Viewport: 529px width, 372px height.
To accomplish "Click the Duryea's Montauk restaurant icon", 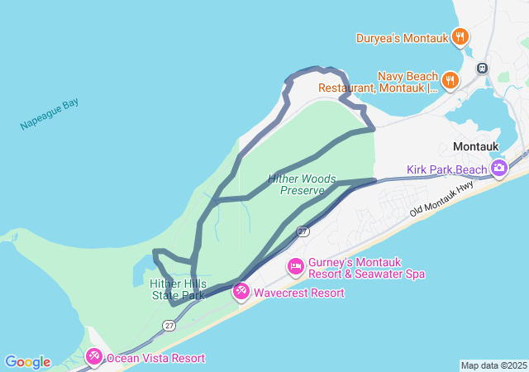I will coord(460,37).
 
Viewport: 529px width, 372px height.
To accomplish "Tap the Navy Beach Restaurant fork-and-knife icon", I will coord(450,80).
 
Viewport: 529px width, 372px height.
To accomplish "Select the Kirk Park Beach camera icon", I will coord(498,169).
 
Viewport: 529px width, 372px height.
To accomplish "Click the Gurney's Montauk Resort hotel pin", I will coord(295,267).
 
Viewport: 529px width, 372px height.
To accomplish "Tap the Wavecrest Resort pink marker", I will coord(241,291).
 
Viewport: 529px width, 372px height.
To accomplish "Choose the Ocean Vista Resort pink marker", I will coord(94,357).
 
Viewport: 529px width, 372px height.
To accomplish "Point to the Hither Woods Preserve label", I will coord(296,184).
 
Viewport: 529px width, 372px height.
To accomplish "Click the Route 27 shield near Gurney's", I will coord(303,231).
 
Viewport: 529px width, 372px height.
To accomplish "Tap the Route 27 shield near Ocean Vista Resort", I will coord(169,326).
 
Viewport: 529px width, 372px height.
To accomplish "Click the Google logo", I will coord(27,362).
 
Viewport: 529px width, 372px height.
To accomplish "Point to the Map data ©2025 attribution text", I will coord(493,365).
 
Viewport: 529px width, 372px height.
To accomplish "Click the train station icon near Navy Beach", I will coord(482,68).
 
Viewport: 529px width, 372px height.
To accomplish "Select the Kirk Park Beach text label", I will coord(446,170).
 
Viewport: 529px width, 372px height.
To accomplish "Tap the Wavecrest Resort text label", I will coord(298,293).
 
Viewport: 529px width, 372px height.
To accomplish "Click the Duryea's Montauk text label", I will coord(402,38).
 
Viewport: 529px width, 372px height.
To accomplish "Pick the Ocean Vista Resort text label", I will coord(155,358).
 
